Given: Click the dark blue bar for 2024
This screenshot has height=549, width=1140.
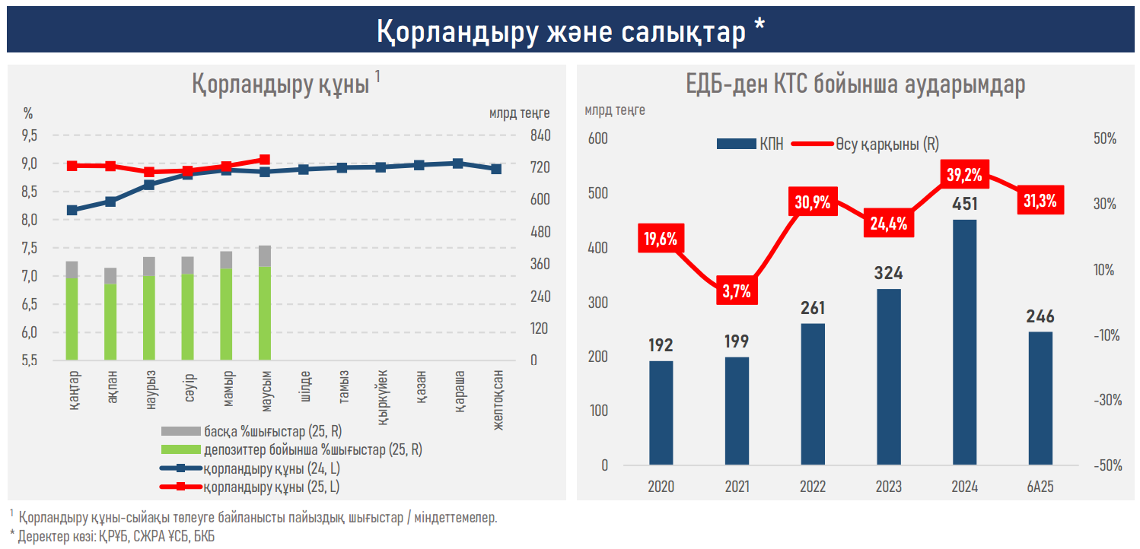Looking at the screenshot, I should pos(964,342).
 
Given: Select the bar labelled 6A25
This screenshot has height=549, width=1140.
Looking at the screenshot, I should pos(1040,398).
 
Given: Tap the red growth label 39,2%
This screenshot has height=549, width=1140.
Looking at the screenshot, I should pos(964,175).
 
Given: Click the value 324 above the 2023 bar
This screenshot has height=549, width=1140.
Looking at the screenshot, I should pos(888,273).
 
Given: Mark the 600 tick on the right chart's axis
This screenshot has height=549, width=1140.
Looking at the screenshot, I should pos(599,138).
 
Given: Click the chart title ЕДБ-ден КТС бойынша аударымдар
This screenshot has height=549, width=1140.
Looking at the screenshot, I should pos(855,84).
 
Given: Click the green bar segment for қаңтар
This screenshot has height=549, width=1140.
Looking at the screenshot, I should pos(72,319).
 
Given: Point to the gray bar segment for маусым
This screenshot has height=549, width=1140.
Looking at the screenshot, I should pos(265,256).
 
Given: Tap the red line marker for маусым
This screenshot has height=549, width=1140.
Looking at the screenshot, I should pos(265,160).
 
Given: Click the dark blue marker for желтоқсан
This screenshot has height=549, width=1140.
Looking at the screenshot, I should pos(496,169).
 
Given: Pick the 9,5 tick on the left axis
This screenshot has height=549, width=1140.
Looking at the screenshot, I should pos(29,135).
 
